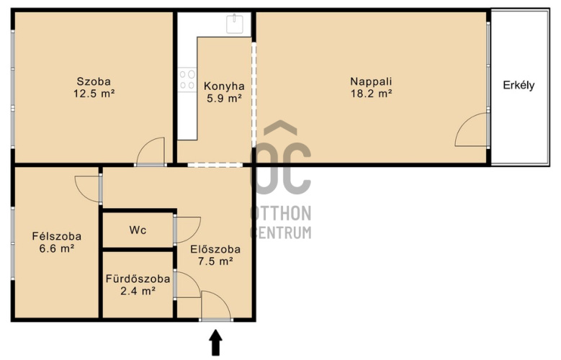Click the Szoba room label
pos(94,81)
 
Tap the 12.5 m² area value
pos(94,94)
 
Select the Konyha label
pos(225,86)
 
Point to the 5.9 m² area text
pos(225,98)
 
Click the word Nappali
pos(371,81)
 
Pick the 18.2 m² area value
pos(372,94)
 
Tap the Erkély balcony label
pos(519,85)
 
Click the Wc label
pos(138,230)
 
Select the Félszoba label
pos(56,236)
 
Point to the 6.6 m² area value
pos(56,248)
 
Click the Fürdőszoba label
pos(138,279)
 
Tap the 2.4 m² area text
pos(138,291)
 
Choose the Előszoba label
pos(215,249)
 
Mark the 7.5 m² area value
pos(215,261)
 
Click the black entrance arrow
pos(215,343)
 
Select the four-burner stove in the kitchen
pos(187,79)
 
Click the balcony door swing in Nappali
pos(472,130)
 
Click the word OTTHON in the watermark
pos(281,214)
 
